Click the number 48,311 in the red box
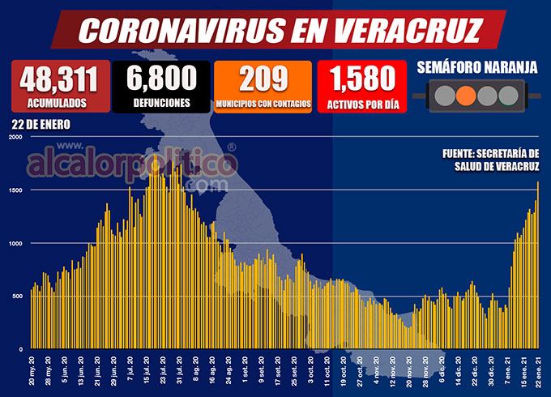(x=60, y=79)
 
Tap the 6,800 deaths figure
(x=161, y=78)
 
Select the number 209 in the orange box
(x=263, y=78)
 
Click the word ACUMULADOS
(x=60, y=103)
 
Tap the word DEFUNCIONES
(x=161, y=103)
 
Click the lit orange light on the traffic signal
(x=465, y=96)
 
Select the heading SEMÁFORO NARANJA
(x=476, y=67)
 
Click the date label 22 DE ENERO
(x=41, y=125)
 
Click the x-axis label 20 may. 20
(x=32, y=372)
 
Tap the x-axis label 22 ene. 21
(x=537, y=372)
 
